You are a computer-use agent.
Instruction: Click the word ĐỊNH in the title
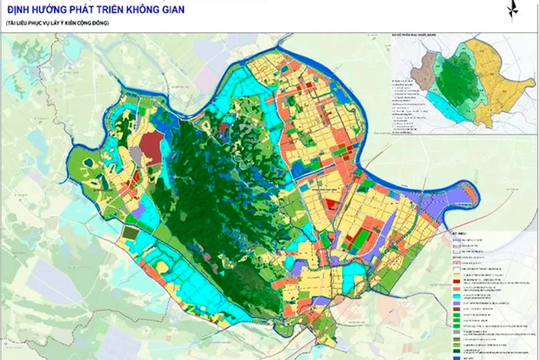(21, 11)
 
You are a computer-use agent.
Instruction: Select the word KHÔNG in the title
(186, 11)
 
